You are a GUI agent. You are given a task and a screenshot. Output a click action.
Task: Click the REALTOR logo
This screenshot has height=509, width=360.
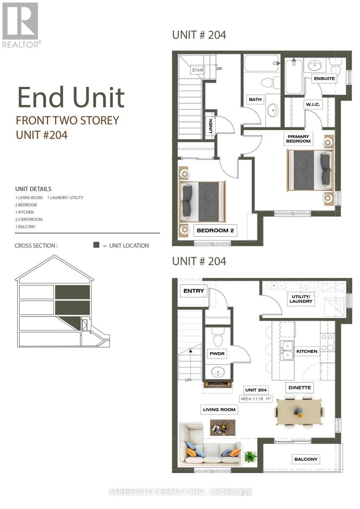tap(21, 25)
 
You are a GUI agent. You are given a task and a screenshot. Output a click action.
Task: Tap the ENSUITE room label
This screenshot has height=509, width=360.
tap(324, 78)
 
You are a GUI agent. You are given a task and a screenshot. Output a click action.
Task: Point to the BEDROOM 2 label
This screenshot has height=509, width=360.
tap(215, 231)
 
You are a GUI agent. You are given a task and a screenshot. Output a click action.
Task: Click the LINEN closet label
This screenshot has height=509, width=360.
tap(211, 126)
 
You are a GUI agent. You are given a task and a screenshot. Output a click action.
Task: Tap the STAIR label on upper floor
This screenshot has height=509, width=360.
tap(197, 70)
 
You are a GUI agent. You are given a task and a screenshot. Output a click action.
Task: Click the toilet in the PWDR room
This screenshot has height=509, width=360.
tap(218, 339)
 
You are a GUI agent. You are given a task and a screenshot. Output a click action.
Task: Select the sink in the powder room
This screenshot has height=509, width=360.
tap(219, 372)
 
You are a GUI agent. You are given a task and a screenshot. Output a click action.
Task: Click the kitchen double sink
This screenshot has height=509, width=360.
tap(287, 350)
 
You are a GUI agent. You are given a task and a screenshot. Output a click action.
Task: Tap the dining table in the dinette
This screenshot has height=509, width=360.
tap(299, 411)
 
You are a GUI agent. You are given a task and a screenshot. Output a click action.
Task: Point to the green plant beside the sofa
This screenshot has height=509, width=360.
tap(250, 456)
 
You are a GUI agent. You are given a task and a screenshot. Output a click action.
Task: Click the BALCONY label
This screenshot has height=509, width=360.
tap(306, 459)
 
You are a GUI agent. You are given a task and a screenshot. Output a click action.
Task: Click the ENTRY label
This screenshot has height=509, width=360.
tap(194, 291)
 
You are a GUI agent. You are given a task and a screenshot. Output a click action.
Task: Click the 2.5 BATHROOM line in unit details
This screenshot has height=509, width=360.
tap(29, 219)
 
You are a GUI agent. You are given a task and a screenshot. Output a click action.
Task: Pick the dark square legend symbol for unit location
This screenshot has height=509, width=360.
tap(96, 245)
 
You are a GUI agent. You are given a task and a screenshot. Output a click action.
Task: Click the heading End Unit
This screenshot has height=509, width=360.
tap(71, 97)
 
